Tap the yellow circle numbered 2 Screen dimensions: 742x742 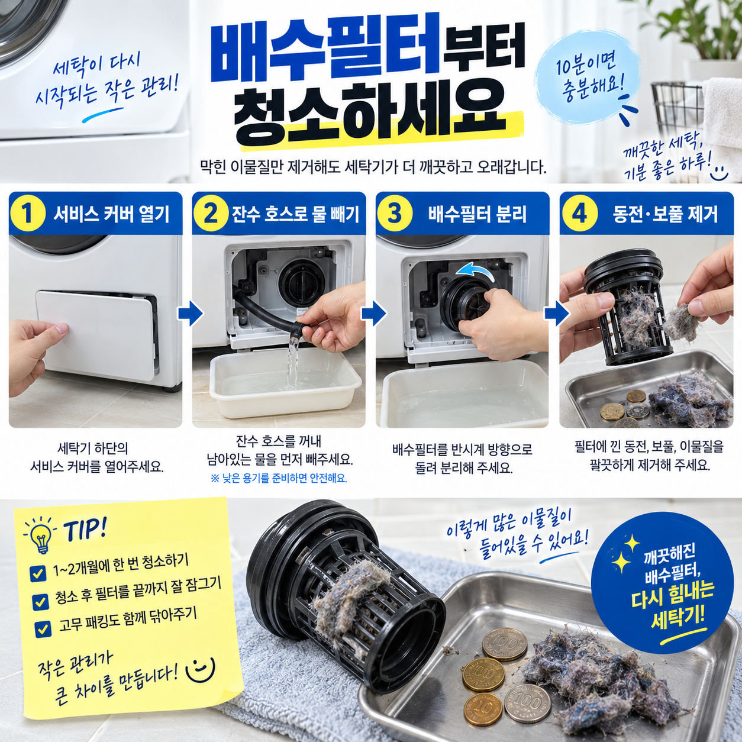point(210,214)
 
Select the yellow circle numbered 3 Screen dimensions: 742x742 point(394,214)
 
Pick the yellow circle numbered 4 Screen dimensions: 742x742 point(579,214)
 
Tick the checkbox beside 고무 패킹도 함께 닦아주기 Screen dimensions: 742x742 point(43,629)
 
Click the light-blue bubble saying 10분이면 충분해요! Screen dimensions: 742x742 point(589,78)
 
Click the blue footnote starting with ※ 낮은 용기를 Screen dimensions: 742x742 point(279,479)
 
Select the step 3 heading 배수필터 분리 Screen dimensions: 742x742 point(477,214)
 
